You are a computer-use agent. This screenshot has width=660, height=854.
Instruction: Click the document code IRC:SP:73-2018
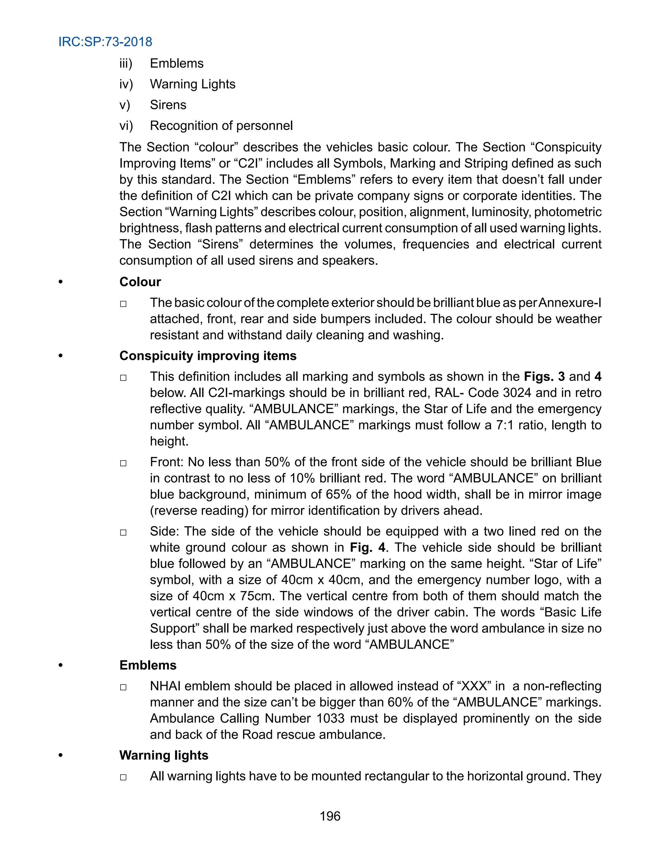coord(105,42)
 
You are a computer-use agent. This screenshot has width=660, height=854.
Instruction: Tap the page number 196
coord(330,816)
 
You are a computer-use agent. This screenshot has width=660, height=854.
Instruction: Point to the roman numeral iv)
coord(126,84)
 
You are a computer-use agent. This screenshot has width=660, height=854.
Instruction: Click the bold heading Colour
coord(140,282)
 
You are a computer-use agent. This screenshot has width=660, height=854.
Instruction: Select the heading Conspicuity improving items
coord(208,356)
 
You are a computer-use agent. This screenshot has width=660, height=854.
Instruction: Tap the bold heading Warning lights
coord(163,755)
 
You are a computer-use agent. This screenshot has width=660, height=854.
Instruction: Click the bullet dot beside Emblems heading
coord(60,665)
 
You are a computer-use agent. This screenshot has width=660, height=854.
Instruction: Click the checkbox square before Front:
coord(123,463)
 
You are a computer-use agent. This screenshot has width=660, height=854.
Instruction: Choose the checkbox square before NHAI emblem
coord(123,687)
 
